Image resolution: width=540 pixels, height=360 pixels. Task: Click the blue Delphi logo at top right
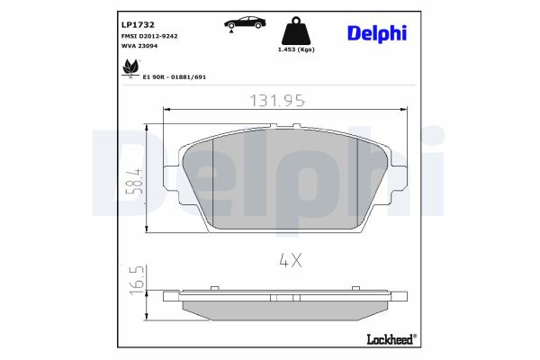[377, 32]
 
